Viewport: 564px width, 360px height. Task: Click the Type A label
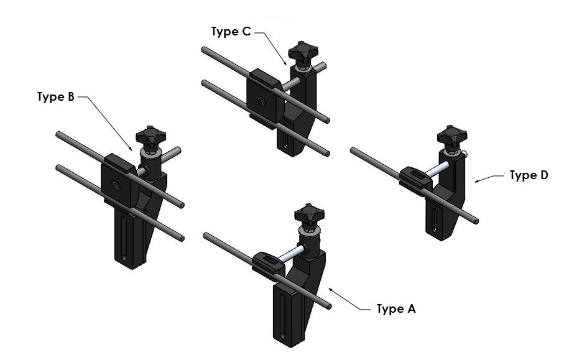pos(396,309)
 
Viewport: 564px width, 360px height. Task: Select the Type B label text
pos(56,97)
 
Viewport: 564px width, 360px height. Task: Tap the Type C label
pos(231,32)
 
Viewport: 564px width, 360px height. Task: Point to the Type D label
pos(529,175)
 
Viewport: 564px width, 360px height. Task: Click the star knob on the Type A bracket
pos(309,215)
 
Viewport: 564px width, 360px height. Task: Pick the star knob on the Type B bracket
pos(150,137)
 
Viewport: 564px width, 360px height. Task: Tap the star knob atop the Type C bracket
pos(303,53)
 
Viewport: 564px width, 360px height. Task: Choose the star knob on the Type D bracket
pos(452,137)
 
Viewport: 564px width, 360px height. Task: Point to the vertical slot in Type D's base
pos(434,219)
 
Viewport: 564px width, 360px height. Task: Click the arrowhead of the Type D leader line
pos(478,182)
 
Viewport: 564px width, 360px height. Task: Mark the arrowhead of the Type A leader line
pos(330,290)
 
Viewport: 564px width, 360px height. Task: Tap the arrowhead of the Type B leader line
pos(131,148)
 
